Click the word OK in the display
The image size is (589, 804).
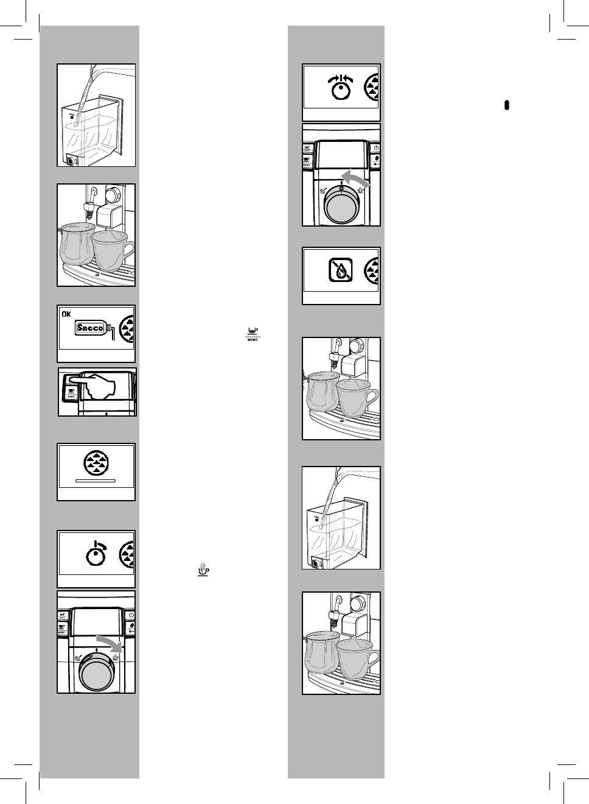66,314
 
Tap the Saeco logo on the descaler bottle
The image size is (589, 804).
90,328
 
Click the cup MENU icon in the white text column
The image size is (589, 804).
251,333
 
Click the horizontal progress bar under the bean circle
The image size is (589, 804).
95,480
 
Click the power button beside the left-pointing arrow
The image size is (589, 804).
375,147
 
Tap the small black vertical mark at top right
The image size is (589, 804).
506,105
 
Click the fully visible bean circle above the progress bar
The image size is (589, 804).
96,462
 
